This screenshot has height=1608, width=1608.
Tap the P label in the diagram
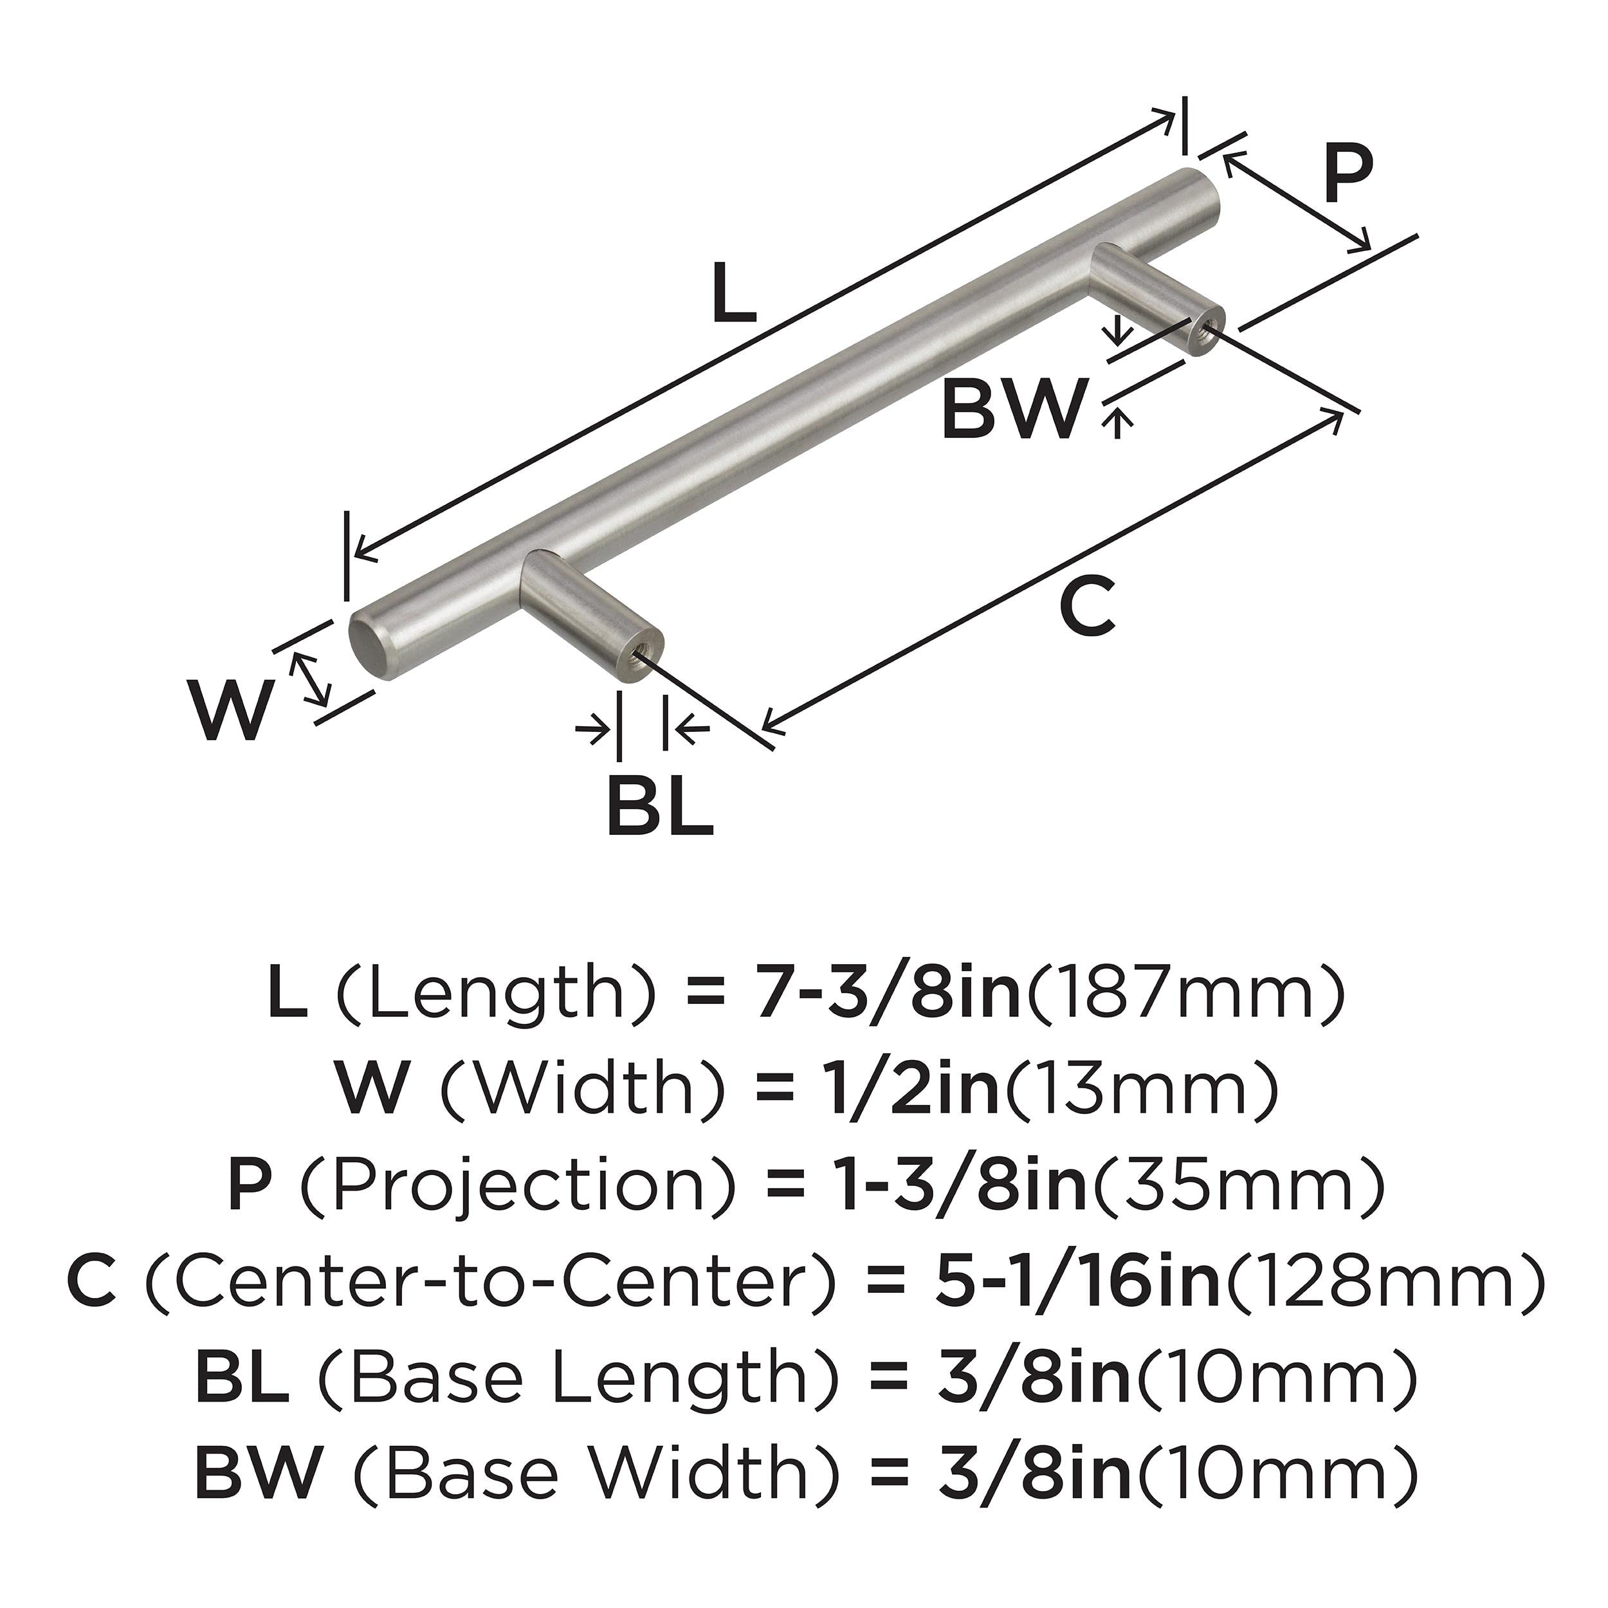[1348, 176]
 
